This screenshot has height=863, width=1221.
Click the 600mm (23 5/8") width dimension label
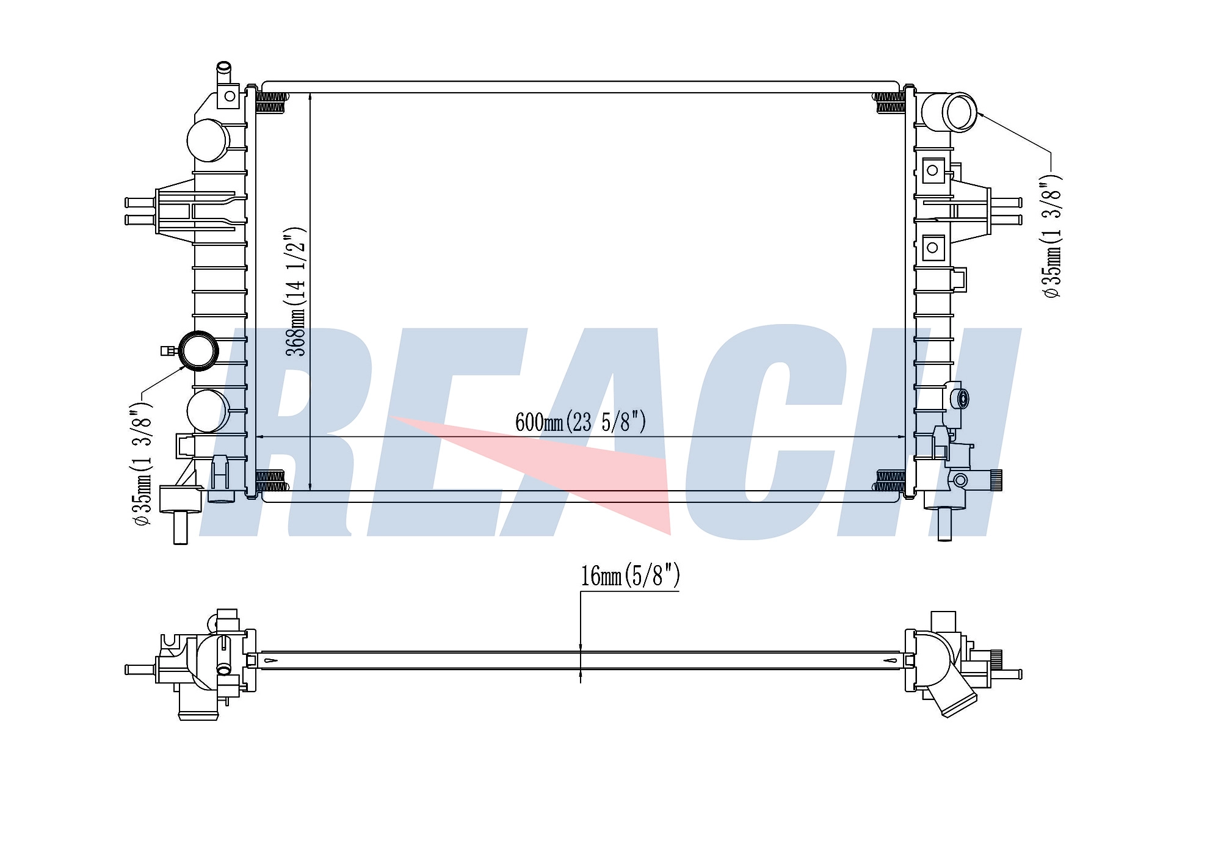581,422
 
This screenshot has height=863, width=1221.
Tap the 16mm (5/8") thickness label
630,576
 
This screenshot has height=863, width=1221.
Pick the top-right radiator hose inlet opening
959,112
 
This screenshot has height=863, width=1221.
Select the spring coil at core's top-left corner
270,103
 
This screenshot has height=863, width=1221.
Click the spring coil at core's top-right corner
891,103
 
